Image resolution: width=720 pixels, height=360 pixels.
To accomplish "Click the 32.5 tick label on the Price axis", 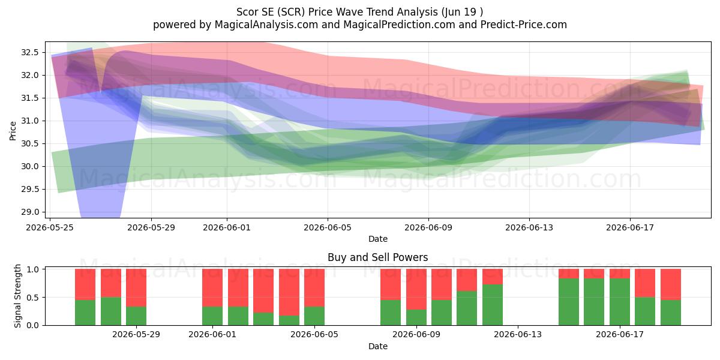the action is pos(29,52).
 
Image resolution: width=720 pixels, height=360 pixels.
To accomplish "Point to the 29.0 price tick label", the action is pos(29,212).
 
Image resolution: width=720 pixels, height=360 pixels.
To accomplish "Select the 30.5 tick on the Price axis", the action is pos(29,143).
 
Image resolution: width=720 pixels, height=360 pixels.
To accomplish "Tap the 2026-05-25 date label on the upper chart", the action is pos(50,227).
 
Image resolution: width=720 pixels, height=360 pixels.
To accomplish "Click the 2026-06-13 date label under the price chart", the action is pos(529,227).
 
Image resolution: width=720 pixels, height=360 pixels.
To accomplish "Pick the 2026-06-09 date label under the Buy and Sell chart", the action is pos(416,335).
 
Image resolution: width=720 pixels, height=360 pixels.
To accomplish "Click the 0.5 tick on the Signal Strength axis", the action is pos(32,298).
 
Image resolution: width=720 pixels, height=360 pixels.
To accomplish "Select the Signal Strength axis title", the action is pos(17,296).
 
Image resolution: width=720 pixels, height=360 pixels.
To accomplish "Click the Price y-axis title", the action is pos(13,131).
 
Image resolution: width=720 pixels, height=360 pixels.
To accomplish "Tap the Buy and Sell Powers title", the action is pos(377,257).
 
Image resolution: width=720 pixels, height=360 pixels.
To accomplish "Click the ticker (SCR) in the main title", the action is pos(291,12).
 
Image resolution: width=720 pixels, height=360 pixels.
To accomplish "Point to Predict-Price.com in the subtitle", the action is pos(524,25).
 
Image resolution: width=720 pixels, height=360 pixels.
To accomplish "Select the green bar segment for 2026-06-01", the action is pos(212,316).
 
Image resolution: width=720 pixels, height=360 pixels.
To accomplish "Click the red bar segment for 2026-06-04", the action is pos(289,292).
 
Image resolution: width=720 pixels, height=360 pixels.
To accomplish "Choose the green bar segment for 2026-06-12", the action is pos(493,305).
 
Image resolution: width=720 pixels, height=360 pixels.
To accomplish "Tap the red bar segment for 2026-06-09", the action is pos(416,289).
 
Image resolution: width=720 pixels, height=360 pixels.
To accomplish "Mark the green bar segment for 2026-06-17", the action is pos(620,302).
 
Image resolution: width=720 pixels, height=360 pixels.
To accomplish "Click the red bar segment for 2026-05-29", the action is pos(136,288).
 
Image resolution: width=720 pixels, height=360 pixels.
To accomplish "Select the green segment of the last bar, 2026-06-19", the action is pos(671,313).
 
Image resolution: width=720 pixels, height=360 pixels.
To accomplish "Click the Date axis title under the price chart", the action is pos(377,239).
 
